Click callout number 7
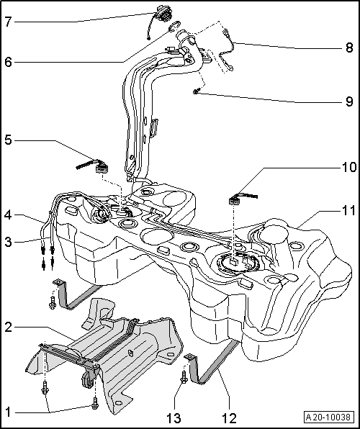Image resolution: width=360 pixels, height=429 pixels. (9, 22)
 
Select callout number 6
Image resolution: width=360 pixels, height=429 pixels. (9, 62)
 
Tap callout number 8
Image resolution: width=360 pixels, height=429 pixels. (348, 48)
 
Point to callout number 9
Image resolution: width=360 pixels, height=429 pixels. (348, 102)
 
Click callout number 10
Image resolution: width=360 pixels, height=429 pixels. (348, 167)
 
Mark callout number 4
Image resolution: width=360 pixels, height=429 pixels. (9, 214)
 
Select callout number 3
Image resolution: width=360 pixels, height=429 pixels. (9, 243)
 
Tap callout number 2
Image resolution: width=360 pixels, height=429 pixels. (9, 326)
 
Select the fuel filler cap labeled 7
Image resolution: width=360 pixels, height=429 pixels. (160, 15)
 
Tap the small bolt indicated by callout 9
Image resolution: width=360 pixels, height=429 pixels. (196, 91)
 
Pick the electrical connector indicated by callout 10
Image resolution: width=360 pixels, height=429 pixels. (235, 198)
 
